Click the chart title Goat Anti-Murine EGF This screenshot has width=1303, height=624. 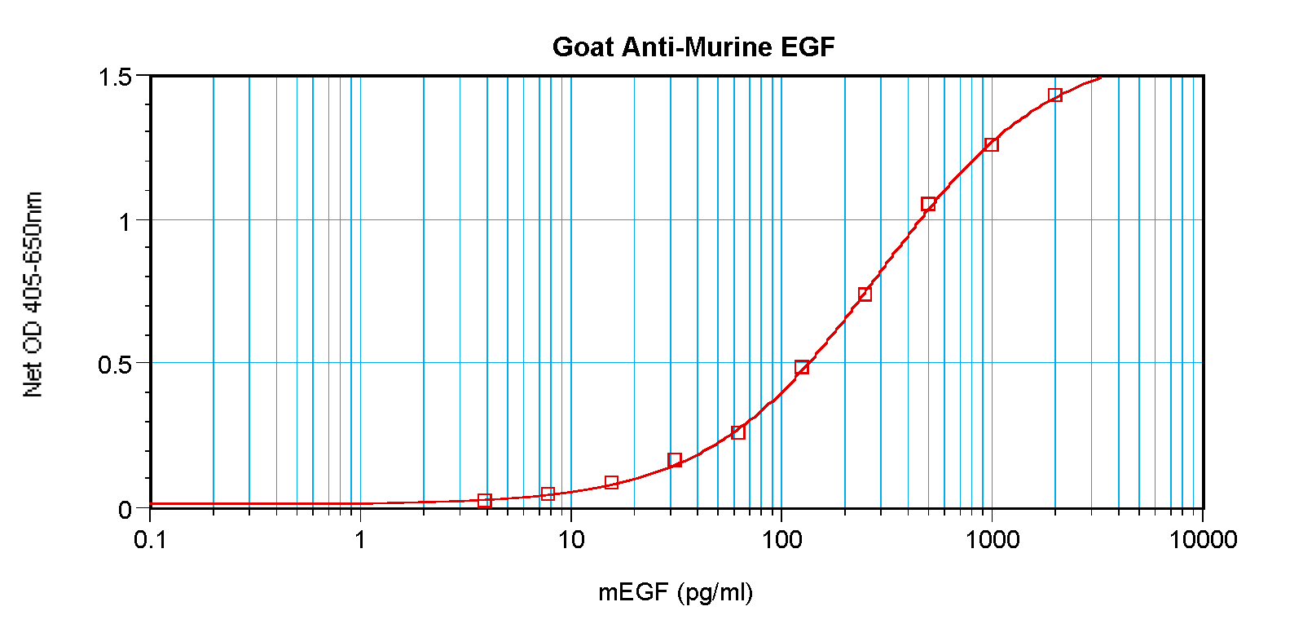[693, 47]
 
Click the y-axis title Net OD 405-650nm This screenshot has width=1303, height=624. [33, 294]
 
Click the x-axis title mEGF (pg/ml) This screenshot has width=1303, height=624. [676, 592]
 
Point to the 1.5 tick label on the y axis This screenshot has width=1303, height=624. [115, 77]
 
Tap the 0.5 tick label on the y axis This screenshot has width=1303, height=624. [115, 365]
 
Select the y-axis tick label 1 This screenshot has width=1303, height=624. [124, 221]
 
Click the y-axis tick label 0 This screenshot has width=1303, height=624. [125, 510]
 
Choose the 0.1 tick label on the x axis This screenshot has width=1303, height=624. [150, 539]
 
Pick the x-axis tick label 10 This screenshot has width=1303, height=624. [571, 539]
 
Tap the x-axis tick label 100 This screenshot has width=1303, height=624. [781, 539]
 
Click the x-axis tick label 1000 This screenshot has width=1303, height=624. [992, 539]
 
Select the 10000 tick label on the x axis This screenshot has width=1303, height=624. [1203, 539]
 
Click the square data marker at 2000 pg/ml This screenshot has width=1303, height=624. [1055, 95]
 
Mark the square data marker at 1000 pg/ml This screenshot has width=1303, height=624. [992, 144]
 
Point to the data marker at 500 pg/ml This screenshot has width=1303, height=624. [928, 204]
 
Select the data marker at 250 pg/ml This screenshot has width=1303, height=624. [865, 294]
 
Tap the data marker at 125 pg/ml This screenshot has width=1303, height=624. [802, 367]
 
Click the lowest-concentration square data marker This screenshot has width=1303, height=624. [485, 500]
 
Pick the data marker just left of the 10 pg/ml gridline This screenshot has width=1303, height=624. [548, 493]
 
